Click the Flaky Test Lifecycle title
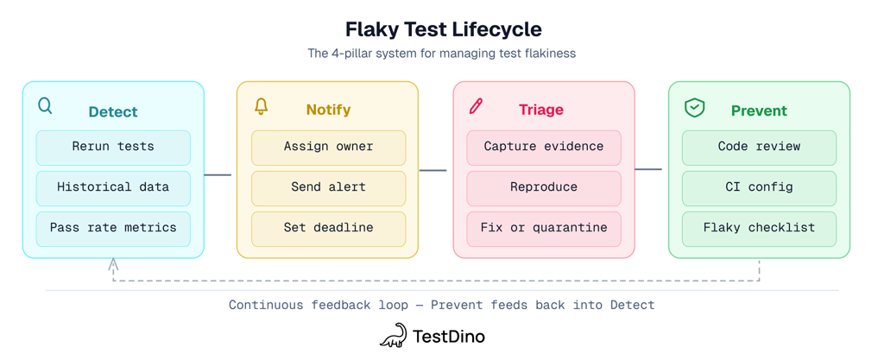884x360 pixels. [443, 29]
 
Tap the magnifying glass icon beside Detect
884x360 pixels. [45, 105]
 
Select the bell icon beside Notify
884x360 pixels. [261, 105]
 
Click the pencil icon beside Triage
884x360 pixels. [476, 106]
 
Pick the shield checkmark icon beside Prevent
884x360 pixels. [694, 107]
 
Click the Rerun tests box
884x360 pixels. [113, 148]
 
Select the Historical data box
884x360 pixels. [113, 188]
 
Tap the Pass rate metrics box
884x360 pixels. [113, 229]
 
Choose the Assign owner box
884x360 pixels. [328, 148]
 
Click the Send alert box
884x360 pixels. [328, 188]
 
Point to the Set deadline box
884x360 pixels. [328, 229]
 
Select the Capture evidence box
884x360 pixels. [544, 148]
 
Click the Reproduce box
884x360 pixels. [544, 188]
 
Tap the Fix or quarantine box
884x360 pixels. [544, 229]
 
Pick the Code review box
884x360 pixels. [759, 148]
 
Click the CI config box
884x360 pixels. [759, 188]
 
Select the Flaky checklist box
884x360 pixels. [759, 229]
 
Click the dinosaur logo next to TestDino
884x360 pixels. [393, 336]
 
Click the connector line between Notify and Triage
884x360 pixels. [433, 170]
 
